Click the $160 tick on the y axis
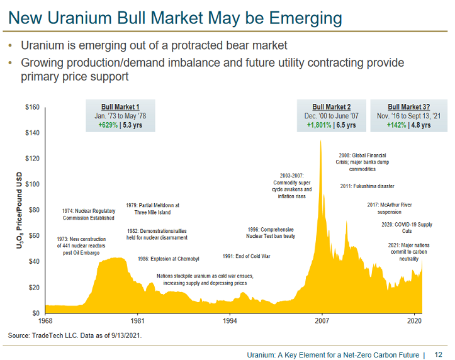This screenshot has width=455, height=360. coord(32,108)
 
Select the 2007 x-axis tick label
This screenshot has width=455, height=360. coord(322,320)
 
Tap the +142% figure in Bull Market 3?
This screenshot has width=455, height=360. coord(396,125)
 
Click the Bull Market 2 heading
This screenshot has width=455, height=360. coord(332,107)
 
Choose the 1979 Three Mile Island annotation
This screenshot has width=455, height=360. coord(152,209)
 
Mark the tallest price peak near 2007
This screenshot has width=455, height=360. coord(321,142)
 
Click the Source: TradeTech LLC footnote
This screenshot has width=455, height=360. coord(75,335)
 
